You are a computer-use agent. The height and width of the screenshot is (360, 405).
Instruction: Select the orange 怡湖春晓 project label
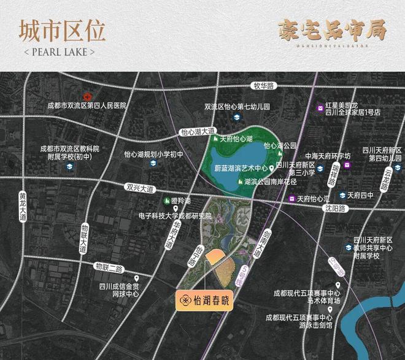[x=204, y=300]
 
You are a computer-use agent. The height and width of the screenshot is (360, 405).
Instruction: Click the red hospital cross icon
[x=88, y=97]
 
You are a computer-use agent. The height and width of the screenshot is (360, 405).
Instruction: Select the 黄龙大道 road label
[x=23, y=204]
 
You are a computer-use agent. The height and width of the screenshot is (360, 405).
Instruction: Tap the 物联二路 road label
[x=110, y=267]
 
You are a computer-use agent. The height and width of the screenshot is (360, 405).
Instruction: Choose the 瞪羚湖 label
[x=182, y=201]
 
